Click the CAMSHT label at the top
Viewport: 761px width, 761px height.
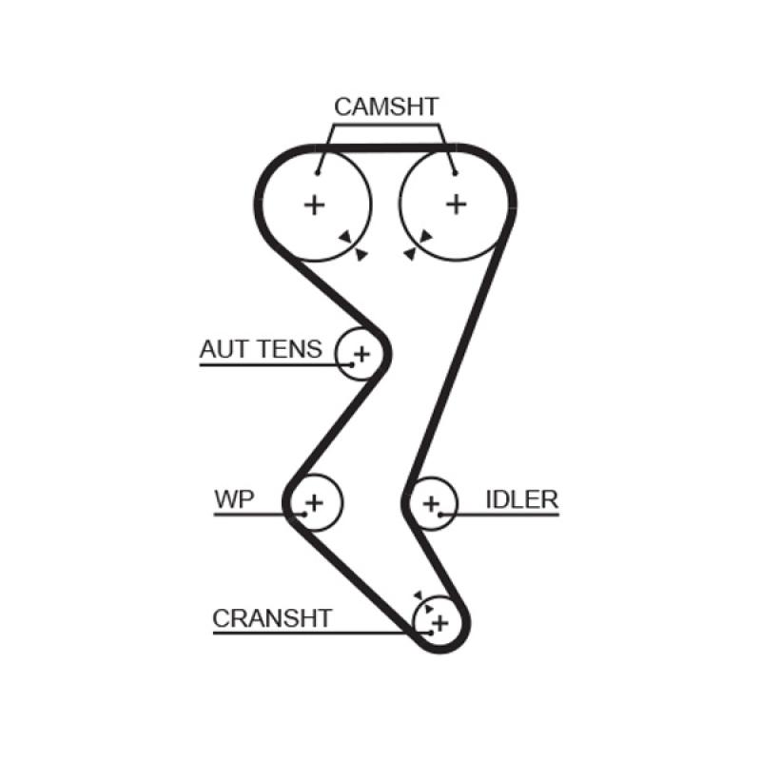coord(385,107)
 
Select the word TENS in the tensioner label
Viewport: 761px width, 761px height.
coord(290,349)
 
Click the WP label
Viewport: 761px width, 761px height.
coord(234,499)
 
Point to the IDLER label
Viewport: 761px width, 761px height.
coord(521,499)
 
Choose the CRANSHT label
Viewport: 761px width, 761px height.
coord(272,618)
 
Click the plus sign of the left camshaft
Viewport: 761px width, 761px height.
coord(313,204)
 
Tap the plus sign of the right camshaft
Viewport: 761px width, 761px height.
coord(458,204)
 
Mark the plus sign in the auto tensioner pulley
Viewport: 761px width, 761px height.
coord(361,355)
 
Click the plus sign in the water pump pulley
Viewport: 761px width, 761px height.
coord(314,501)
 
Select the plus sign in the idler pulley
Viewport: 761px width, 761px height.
coord(432,502)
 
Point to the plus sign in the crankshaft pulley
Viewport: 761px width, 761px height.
coord(439,624)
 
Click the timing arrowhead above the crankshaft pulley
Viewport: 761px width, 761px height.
coord(418,595)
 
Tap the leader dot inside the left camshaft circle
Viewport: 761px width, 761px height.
coord(318,172)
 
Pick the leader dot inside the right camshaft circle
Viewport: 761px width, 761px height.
coord(455,172)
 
